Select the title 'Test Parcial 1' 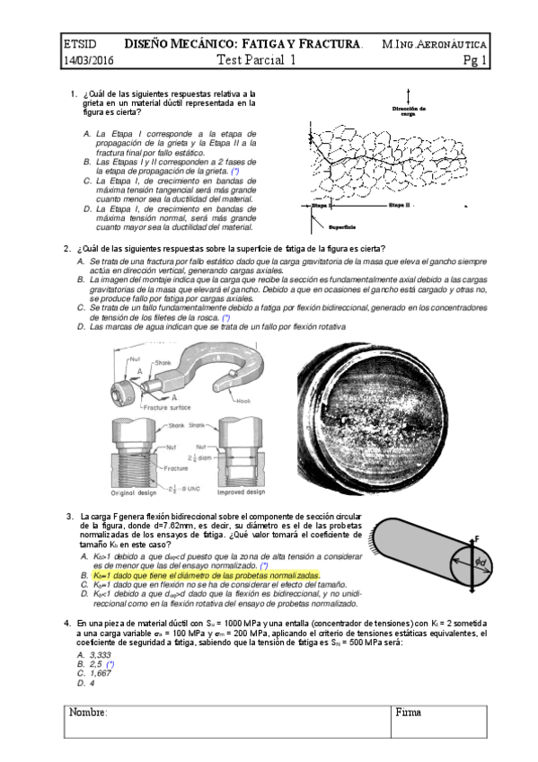click(x=256, y=61)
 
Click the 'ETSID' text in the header click(x=78, y=43)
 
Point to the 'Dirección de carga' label click(x=409, y=111)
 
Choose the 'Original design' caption click(x=135, y=492)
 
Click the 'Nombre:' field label click(x=88, y=712)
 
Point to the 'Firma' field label click(x=409, y=712)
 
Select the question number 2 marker click(x=66, y=249)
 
